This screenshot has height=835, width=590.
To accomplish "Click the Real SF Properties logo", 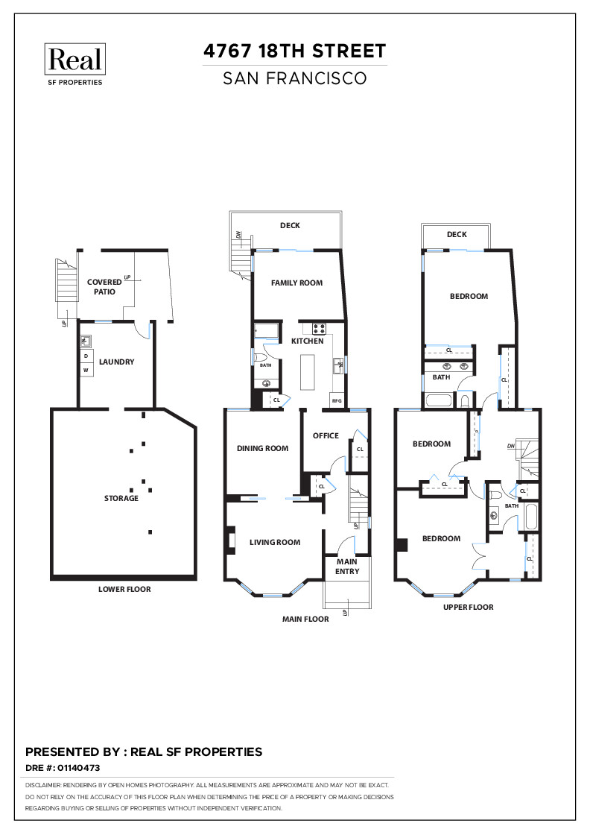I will [74, 64].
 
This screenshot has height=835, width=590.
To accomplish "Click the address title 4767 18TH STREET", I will [295, 51].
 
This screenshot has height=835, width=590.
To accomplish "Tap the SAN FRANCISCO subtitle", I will [295, 78].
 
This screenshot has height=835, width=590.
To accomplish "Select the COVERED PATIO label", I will [104, 287].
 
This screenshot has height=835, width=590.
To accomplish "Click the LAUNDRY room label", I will [116, 362].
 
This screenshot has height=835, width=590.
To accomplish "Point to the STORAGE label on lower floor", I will [121, 498].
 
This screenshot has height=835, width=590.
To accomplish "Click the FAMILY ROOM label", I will [296, 283].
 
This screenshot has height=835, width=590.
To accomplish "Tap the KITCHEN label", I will [308, 341].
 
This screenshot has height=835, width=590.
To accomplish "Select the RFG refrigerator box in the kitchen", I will [337, 401].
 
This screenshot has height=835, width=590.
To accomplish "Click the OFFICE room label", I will [326, 435].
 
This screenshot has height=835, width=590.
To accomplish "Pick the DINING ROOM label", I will [262, 448].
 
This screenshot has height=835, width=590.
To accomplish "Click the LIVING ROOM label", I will [275, 542].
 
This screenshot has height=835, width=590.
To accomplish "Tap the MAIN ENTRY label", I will [347, 567].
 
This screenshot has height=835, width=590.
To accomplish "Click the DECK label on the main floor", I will [290, 226].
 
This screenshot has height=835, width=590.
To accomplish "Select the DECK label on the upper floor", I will [457, 234].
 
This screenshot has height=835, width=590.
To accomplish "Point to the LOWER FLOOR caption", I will [124, 589].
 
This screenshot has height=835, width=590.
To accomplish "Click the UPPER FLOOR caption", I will [468, 607].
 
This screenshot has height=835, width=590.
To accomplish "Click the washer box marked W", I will [86, 370].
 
